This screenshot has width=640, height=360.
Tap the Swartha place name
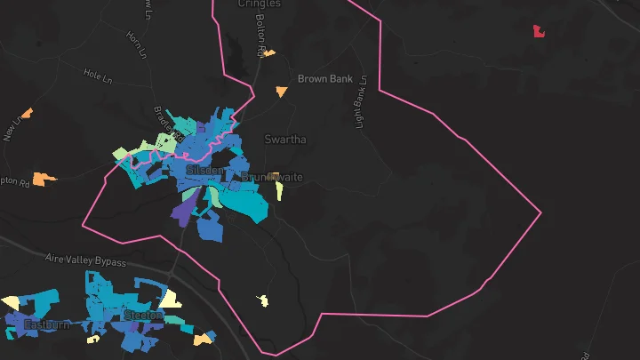coord(285,140)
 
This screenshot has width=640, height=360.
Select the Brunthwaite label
coord(274,177)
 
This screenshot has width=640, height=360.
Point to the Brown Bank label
coord(324,79)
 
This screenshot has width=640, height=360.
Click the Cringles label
coord(260,4)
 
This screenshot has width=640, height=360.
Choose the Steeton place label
coord(143,315)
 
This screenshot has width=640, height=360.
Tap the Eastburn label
coord(45,324)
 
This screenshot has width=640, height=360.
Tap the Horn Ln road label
coord(135,41)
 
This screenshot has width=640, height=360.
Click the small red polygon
coord(539,32)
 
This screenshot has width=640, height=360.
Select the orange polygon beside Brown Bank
coord(282,91)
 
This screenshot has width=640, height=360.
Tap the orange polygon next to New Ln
coord(27,113)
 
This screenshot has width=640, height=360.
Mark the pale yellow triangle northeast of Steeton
coord(170,299)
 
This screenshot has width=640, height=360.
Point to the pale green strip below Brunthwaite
coord(279,191)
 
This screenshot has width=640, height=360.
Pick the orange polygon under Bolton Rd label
coord(268,53)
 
